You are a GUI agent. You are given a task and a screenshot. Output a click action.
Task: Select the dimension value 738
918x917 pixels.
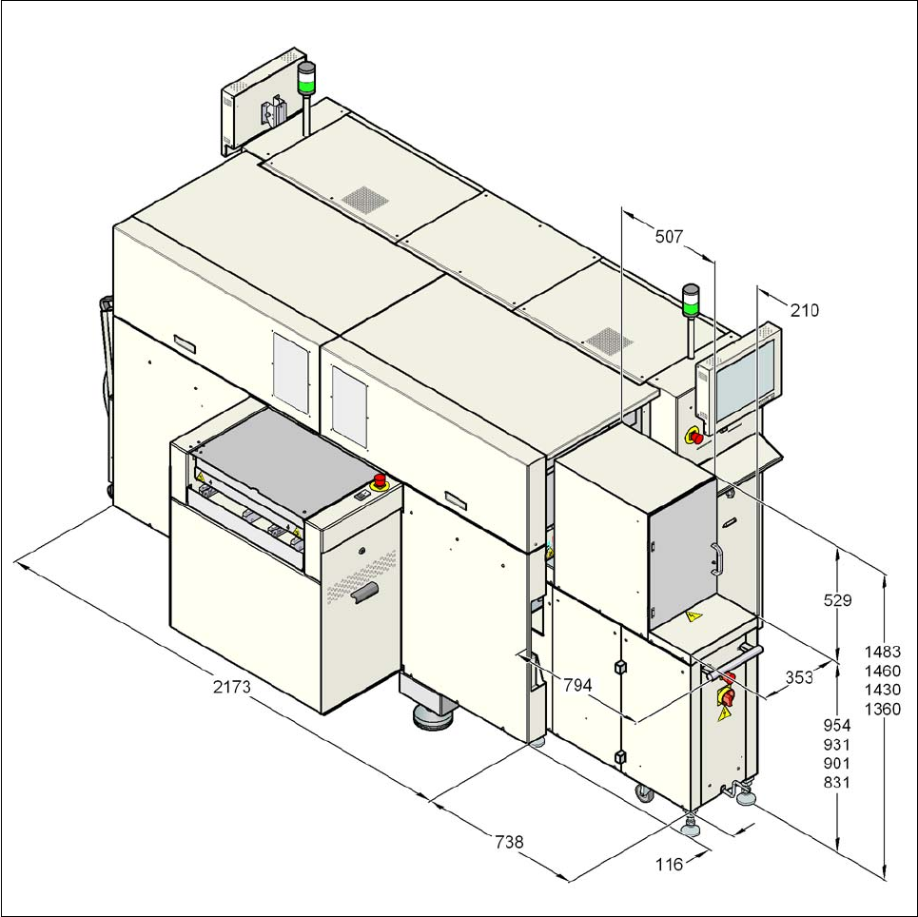click(509, 842)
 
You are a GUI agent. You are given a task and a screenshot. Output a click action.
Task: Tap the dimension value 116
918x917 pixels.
click(670, 865)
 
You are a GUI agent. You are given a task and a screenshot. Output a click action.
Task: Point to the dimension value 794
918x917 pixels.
click(578, 684)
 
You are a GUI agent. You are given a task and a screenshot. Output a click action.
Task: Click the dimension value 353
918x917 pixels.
click(799, 677)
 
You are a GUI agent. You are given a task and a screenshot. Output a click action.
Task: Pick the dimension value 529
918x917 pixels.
click(838, 600)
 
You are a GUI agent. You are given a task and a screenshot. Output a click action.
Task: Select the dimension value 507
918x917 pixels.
click(669, 237)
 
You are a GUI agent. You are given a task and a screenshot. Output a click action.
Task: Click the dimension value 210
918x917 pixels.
click(804, 310)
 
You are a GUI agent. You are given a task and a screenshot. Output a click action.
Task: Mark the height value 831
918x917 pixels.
click(837, 783)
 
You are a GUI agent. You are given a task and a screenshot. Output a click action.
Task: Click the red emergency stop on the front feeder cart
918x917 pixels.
click(380, 479)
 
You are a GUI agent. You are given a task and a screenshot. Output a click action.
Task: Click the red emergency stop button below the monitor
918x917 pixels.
click(694, 436)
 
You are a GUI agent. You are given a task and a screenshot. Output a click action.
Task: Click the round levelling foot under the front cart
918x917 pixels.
click(434, 715)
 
